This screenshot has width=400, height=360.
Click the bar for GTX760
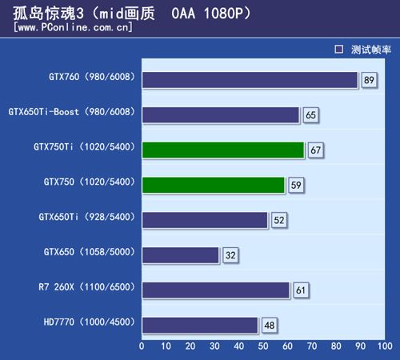point(250,80)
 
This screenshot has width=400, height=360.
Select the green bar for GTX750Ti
point(223,150)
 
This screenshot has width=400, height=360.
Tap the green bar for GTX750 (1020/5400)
point(214,185)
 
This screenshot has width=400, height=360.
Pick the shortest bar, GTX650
point(181,255)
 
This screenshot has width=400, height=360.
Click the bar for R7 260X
point(216,290)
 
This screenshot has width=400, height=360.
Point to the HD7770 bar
point(200,325)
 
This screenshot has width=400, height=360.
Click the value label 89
point(369,80)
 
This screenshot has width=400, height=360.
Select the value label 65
point(310,115)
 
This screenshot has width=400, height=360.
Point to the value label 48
point(270,325)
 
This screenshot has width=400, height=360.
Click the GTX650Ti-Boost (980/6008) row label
point(71,112)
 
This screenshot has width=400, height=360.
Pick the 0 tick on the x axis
point(142,347)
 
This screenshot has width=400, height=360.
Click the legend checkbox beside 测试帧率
point(338,49)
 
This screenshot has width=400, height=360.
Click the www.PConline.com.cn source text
point(73,27)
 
